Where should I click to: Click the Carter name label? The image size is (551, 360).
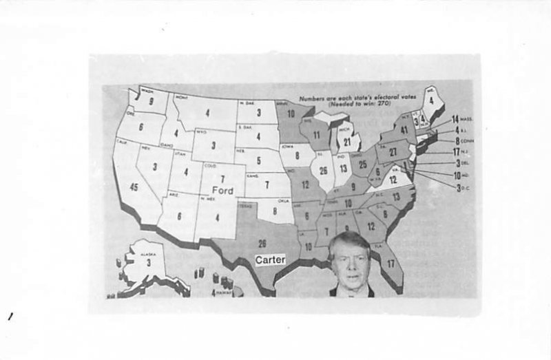coord(270,260)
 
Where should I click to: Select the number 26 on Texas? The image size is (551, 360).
coord(262,243)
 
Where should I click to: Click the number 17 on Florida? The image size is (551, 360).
coord(391,264)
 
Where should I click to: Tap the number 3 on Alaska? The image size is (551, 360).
coord(148,262)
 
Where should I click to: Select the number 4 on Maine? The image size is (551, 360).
coord(432,102)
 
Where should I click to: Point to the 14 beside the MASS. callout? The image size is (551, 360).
coord(455,120)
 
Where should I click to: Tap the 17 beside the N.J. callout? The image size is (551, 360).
coord(456,153)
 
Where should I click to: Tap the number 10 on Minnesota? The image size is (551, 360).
coord(291,114)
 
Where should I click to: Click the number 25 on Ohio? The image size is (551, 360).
coord(363,165)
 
